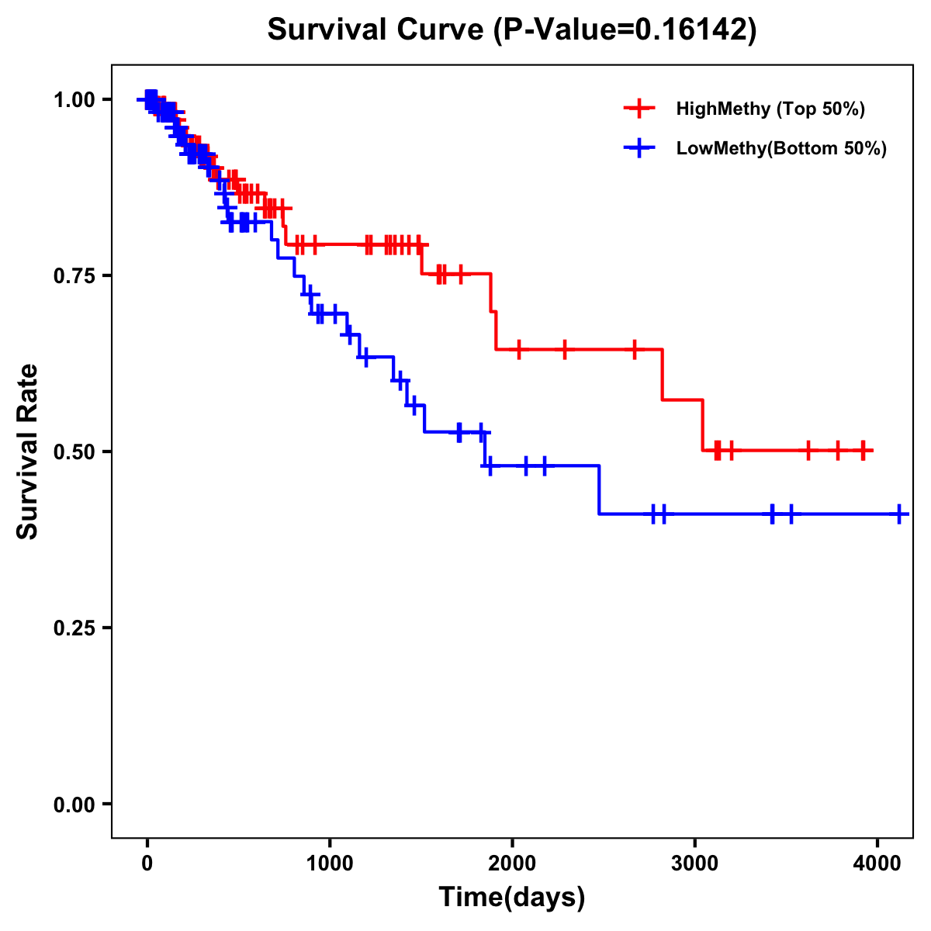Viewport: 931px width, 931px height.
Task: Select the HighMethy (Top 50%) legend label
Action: pos(770,109)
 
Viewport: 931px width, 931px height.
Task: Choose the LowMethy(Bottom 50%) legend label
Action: pos(780,148)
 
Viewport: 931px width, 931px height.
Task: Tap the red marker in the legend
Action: pos(639,109)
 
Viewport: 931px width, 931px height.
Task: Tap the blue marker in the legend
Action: pos(639,148)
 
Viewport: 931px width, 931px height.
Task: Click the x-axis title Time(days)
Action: pos(512,898)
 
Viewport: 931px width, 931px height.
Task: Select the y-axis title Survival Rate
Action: pos(27,452)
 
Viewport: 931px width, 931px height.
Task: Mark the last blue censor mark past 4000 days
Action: pos(898,514)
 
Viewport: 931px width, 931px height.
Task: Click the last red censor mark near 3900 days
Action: pos(863,450)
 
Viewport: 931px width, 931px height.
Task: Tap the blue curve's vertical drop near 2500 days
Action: pos(599,490)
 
